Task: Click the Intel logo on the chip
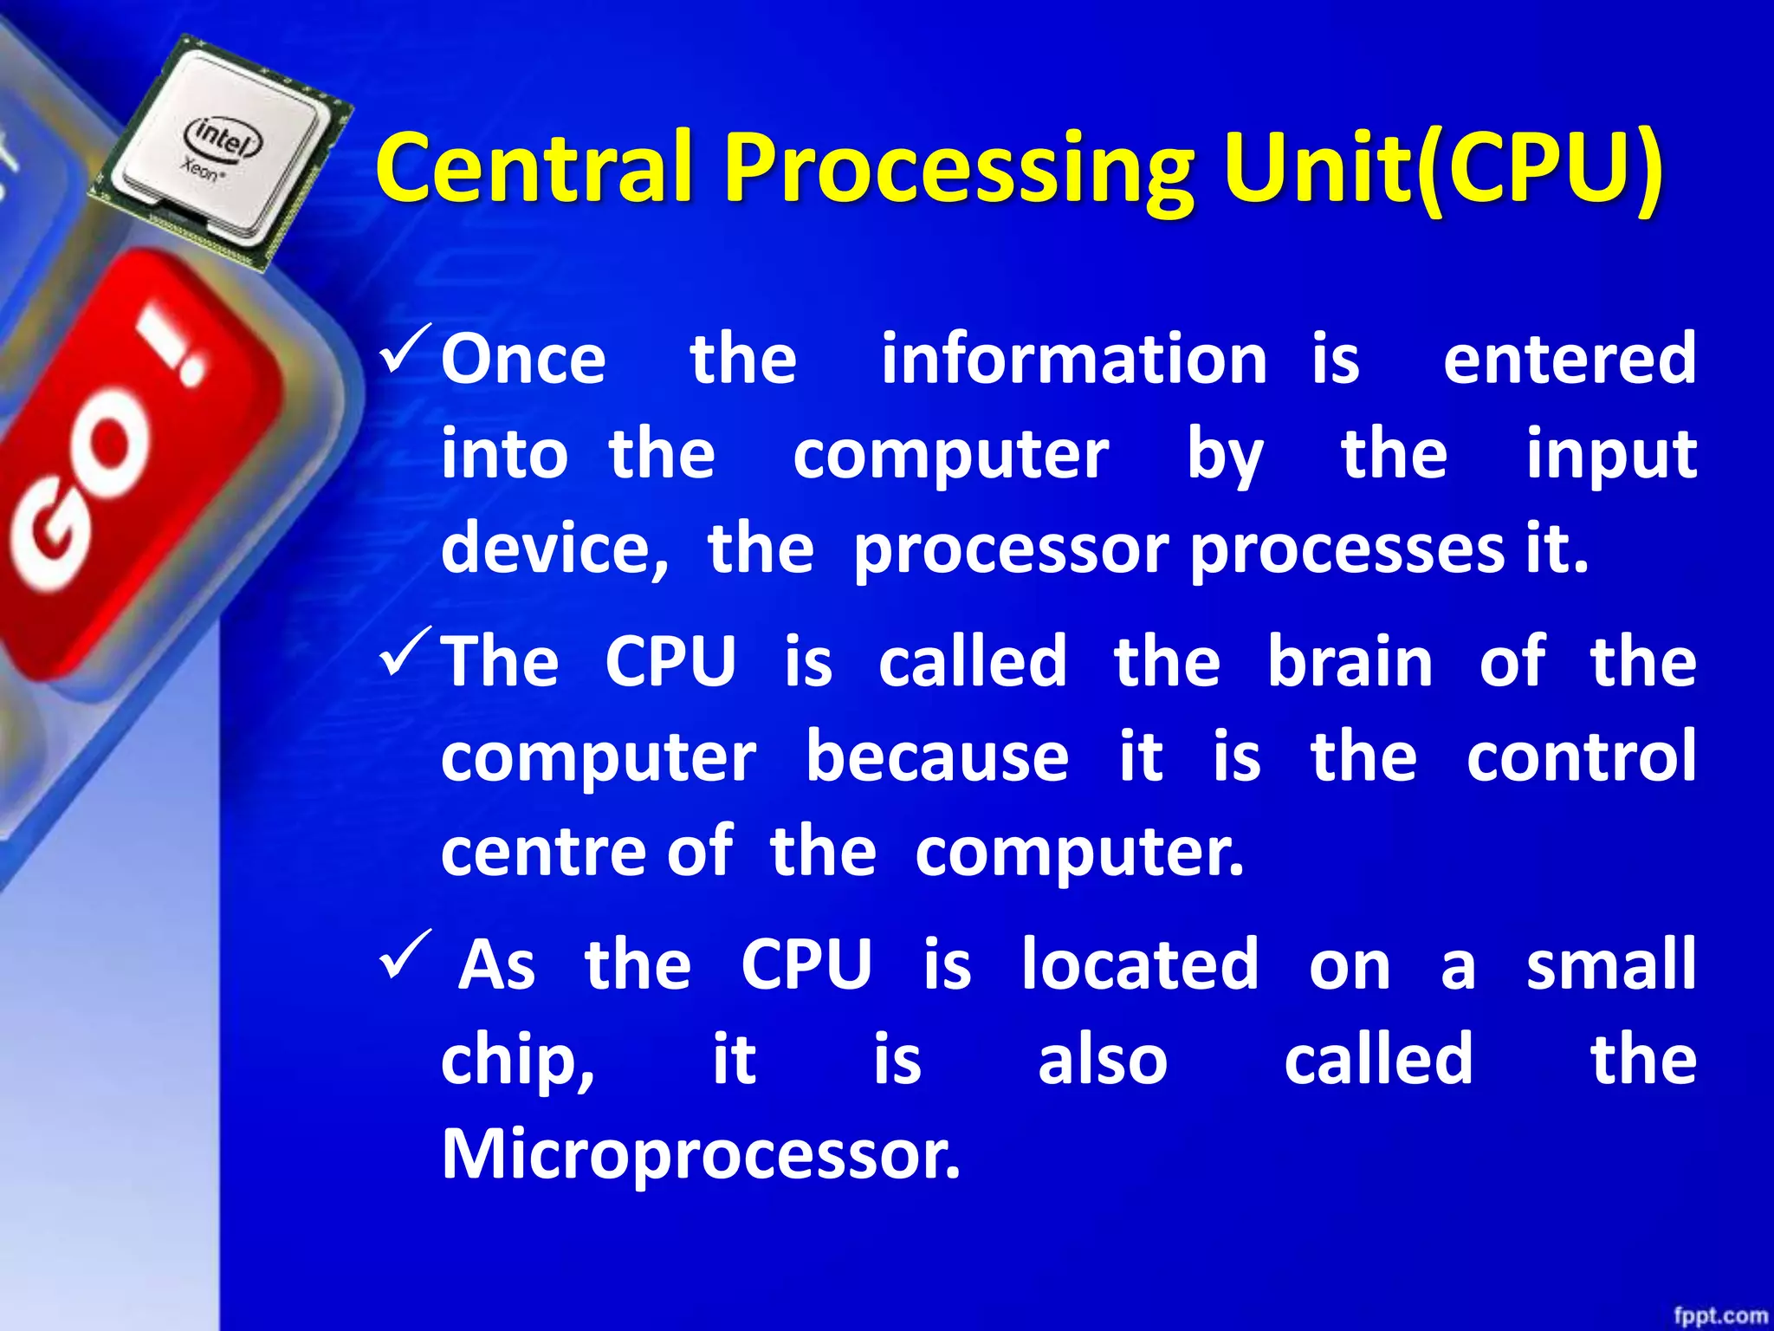pyautogui.click(x=223, y=138)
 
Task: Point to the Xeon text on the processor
pyautogui.click(x=202, y=170)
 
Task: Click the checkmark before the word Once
pyautogui.click(x=405, y=350)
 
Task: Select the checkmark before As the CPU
pyautogui.click(x=405, y=955)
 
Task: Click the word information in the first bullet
pyautogui.click(x=1074, y=360)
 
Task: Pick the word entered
pyautogui.click(x=1569, y=360)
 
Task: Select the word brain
pyautogui.click(x=1350, y=661)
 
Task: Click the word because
pyautogui.click(x=937, y=756)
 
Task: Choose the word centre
pyautogui.click(x=544, y=852)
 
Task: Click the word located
pyautogui.click(x=1139, y=964)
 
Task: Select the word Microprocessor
pyautogui.click(x=700, y=1155)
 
